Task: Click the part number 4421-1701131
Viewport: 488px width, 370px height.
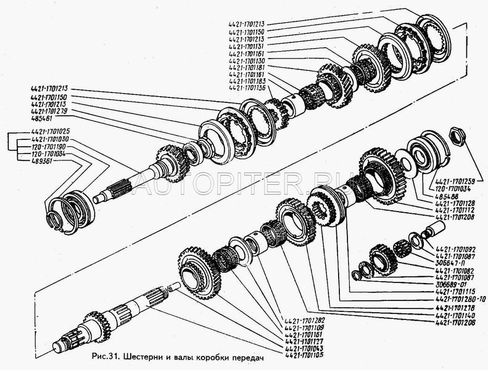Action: (x=247, y=46)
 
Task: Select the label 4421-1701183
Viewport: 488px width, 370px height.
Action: (x=247, y=81)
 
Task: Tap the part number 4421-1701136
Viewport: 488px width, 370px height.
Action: (x=247, y=88)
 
